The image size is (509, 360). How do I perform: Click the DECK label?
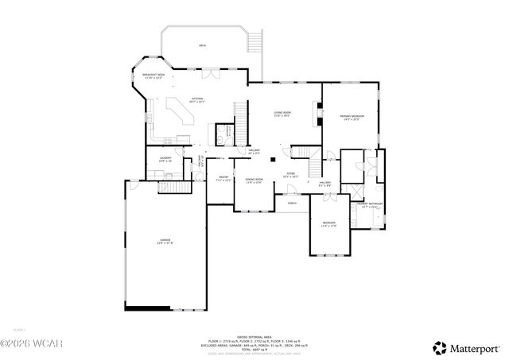coord(202,46)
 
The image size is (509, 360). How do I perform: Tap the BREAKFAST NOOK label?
coord(153,75)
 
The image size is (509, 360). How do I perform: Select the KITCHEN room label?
coord(196,99)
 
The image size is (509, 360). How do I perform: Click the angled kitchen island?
coord(179,111)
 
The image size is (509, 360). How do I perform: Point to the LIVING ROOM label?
coord(282,114)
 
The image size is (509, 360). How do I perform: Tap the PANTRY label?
coord(223,178)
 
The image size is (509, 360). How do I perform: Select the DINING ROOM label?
coord(254,180)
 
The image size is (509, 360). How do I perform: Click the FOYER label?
coord(291,174)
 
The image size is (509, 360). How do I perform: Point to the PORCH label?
coord(292,203)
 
